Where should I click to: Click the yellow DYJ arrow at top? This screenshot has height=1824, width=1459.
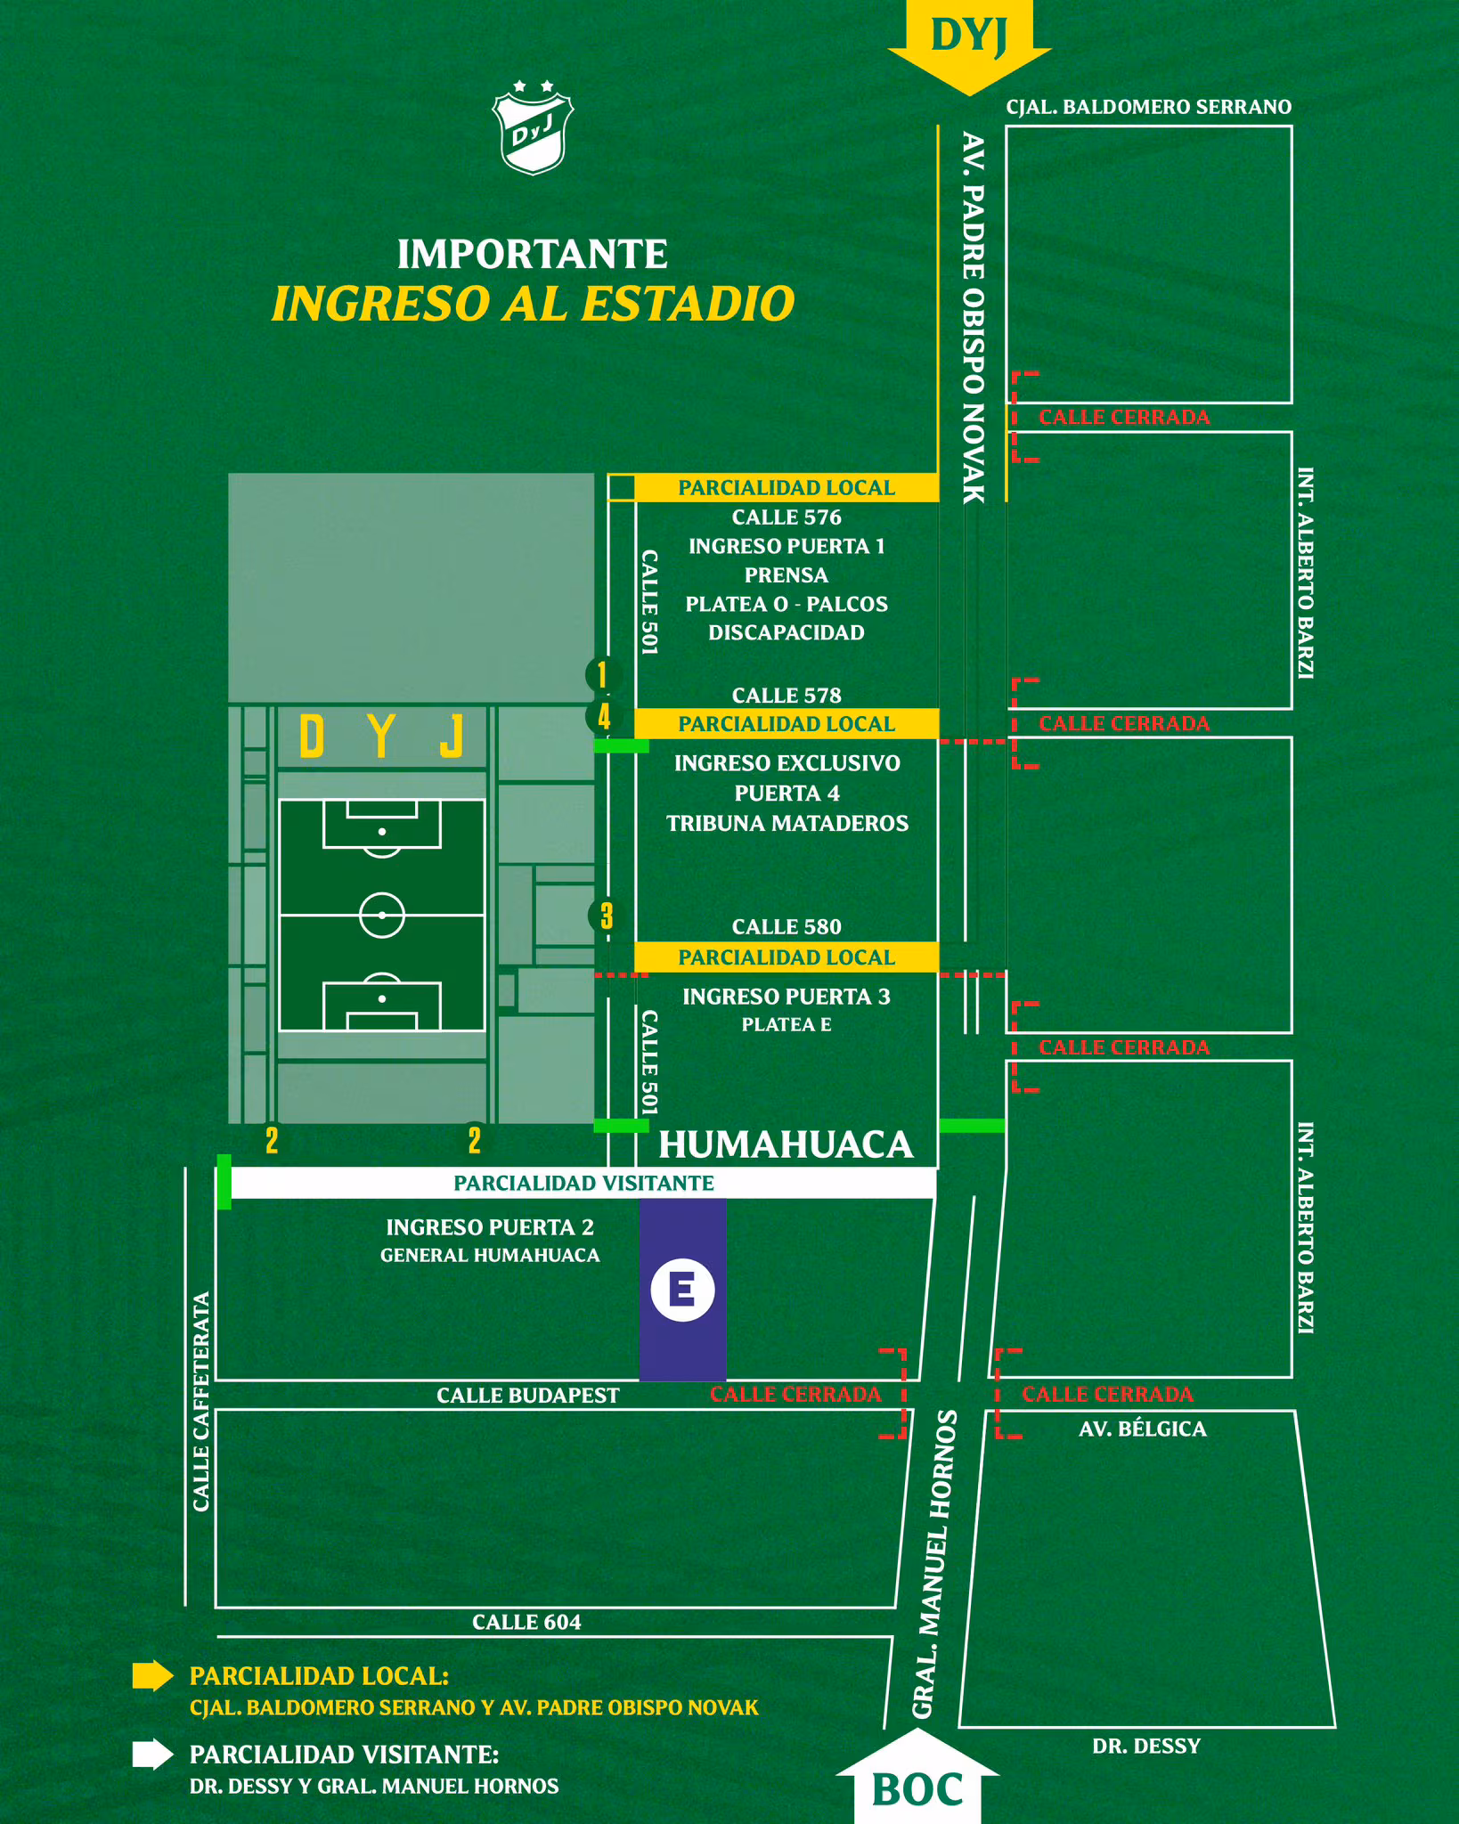pyautogui.click(x=969, y=40)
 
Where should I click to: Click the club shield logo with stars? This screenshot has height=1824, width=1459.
pyautogui.click(x=533, y=128)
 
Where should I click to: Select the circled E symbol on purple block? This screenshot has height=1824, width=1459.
pyautogui.click(x=682, y=1289)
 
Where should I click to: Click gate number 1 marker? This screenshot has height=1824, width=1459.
pyautogui.click(x=602, y=674)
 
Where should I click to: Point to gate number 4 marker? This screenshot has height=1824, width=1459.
pyautogui.click(x=604, y=716)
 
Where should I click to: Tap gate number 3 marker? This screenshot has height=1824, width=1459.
pyautogui.click(x=606, y=915)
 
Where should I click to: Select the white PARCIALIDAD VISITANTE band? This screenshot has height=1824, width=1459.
pyautogui.click(x=583, y=1183)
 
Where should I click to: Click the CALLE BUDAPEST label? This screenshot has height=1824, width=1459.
pyautogui.click(x=527, y=1396)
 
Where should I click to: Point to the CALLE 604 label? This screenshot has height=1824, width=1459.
pyautogui.click(x=526, y=1622)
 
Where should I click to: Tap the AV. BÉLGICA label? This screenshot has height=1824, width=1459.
pyautogui.click(x=1142, y=1429)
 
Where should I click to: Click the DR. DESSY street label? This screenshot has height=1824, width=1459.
pyautogui.click(x=1146, y=1747)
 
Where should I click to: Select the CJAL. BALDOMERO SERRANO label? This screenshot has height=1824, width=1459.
pyautogui.click(x=1148, y=107)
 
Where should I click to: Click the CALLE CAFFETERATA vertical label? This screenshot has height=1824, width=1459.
pyautogui.click(x=201, y=1401)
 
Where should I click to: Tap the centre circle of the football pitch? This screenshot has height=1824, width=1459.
pyautogui.click(x=382, y=915)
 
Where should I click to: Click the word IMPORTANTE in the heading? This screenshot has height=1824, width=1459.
pyautogui.click(x=532, y=255)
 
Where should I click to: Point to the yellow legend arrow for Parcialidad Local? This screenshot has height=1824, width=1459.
pyautogui.click(x=152, y=1676)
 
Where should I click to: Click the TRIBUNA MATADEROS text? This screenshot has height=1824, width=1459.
pyautogui.click(x=787, y=823)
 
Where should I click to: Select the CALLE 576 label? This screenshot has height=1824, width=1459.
pyautogui.click(x=787, y=517)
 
